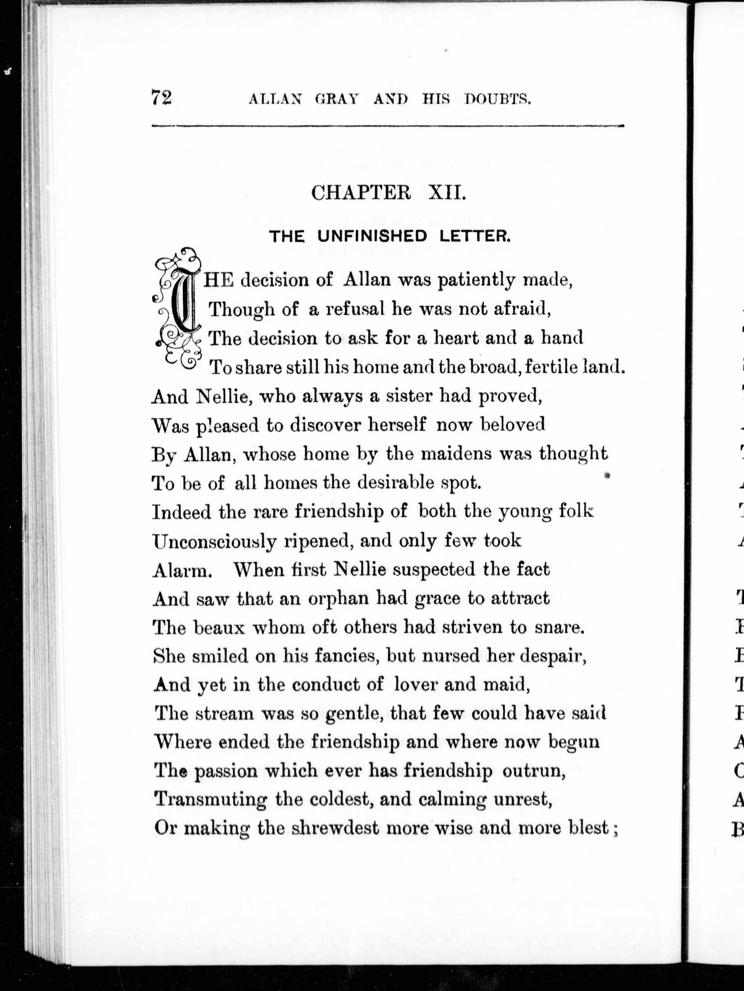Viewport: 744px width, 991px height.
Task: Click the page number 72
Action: pyautogui.click(x=161, y=98)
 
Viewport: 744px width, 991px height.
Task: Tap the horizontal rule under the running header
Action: pyautogui.click(x=388, y=126)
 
